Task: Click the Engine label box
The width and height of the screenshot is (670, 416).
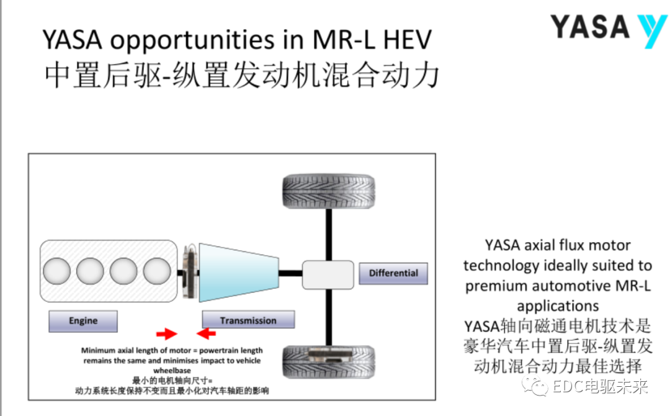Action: tap(83, 320)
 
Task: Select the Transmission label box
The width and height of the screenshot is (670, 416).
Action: tap(248, 320)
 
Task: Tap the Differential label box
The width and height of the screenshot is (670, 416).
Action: tap(393, 273)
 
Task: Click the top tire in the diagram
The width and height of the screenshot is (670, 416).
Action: tap(328, 192)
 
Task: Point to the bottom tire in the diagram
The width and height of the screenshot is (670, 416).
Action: tap(328, 362)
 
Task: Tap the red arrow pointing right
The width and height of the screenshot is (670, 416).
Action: tap(166, 335)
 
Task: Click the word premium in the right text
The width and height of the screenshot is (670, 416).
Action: tap(504, 286)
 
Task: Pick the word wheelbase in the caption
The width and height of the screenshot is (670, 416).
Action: tap(172, 370)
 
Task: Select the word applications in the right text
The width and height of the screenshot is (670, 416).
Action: tap(558, 305)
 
